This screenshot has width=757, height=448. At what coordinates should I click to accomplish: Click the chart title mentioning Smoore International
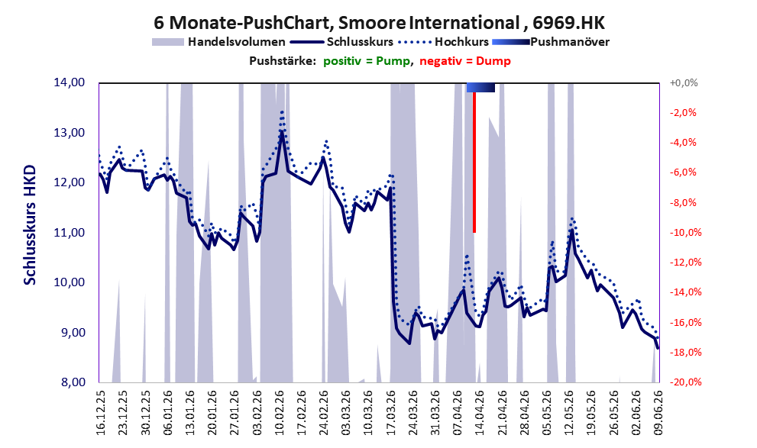coord(379,22)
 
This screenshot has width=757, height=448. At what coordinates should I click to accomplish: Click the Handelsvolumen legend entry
coord(218,42)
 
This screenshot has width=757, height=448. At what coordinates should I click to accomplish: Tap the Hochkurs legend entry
coord(443,42)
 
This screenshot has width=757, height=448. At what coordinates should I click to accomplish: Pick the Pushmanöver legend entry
coord(551,42)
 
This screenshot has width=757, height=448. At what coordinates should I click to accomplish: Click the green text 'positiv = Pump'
coord(367,61)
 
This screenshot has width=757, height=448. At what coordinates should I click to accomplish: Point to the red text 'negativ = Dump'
coord(465,61)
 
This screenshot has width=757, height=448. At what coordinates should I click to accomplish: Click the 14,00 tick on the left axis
coord(69,82)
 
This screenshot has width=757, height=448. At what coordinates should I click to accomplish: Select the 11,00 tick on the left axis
coord(69,233)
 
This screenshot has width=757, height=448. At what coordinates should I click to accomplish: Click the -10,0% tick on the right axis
coord(683,233)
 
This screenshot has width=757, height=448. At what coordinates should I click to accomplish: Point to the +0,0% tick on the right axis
coord(684,83)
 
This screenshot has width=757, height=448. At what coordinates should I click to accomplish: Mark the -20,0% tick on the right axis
coord(683,382)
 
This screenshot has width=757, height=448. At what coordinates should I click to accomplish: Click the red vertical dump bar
coord(474,162)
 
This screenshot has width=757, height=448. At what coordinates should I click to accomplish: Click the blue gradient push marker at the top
coord(480,87)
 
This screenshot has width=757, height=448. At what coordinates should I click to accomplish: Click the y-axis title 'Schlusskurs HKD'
coord(30,225)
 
